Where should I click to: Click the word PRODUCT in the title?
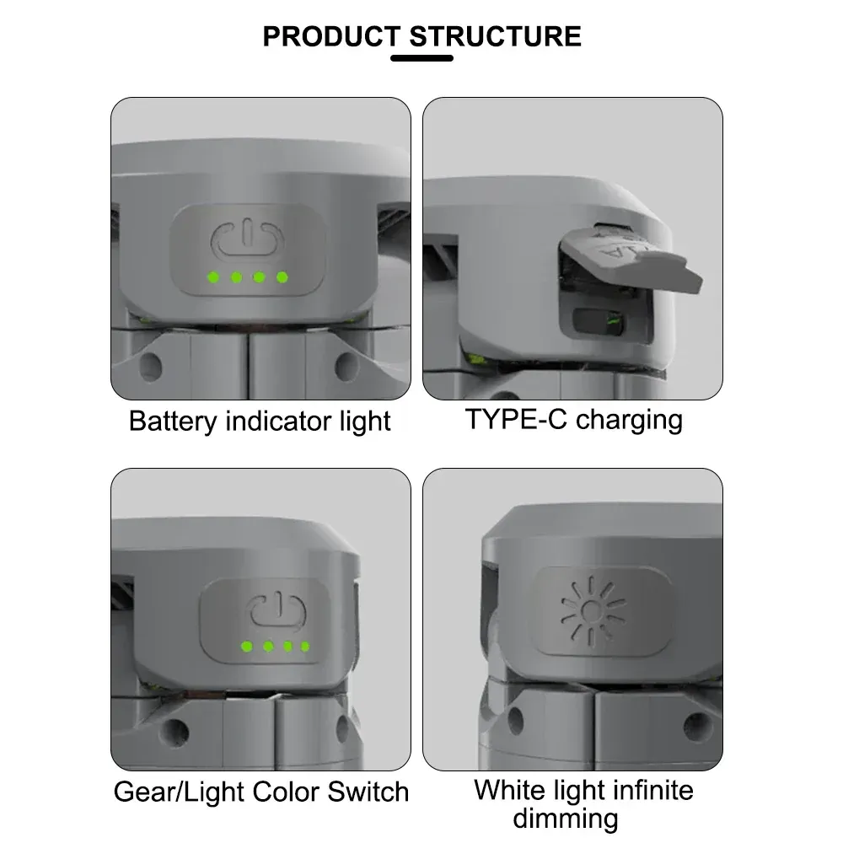coord(330,36)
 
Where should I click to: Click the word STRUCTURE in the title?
coord(495,36)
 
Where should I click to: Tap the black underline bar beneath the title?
coord(422,58)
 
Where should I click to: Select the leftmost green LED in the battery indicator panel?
coord(214,277)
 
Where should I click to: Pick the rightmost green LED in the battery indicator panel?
coord(282,277)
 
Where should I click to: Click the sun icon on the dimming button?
coord(593,609)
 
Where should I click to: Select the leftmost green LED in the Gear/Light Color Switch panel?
coord(247,647)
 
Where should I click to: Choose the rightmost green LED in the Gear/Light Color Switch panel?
coord(304,647)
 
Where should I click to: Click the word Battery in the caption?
coord(174,421)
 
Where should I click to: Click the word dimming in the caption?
coord(565,819)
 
